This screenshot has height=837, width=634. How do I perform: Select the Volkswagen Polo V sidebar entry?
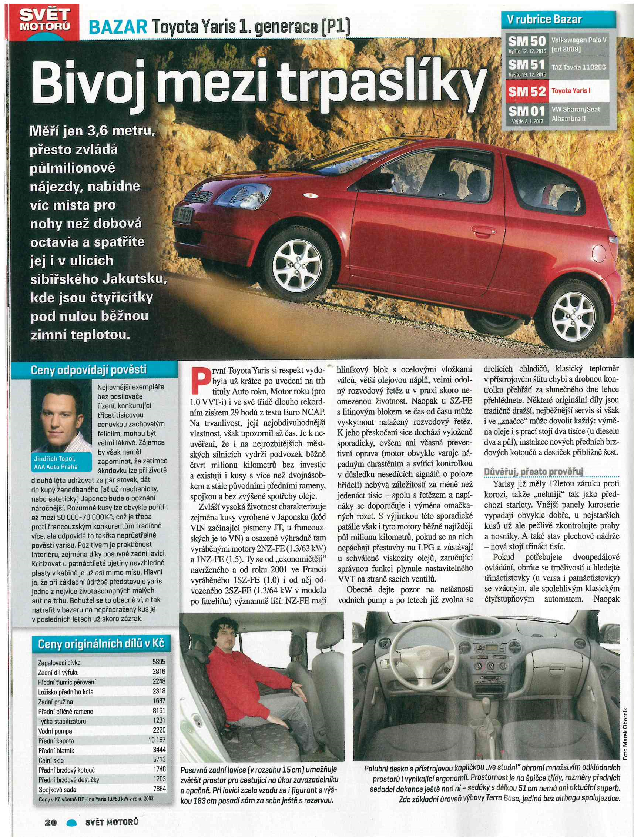(x=579, y=45)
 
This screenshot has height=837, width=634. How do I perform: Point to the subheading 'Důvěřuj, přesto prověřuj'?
(x=534, y=472)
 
